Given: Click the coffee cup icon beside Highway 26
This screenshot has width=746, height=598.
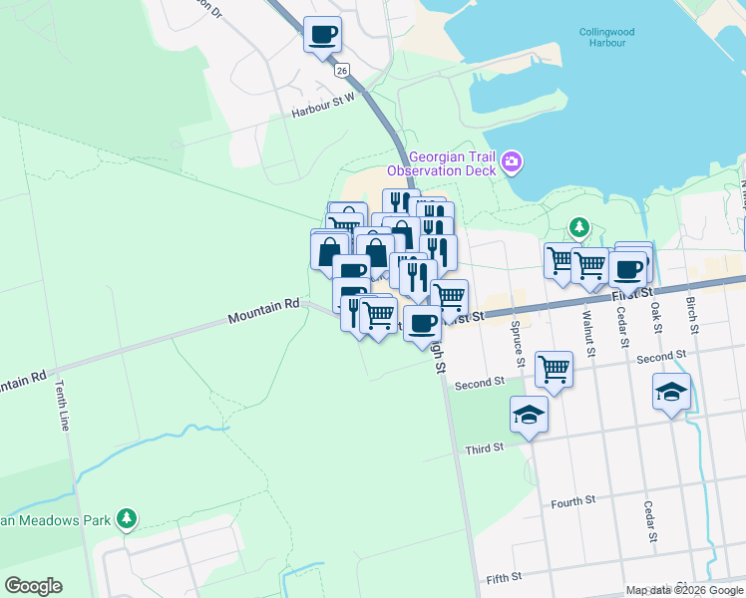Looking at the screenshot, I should click(322, 35).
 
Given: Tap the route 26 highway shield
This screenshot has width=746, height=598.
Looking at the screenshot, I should click(342, 71).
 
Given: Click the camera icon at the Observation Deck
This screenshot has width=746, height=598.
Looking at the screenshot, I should click(512, 161).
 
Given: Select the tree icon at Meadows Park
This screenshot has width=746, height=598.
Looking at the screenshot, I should click(126, 518).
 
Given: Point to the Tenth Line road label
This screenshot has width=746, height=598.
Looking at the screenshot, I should click(63, 405).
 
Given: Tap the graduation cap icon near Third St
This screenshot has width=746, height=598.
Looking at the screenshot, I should click(529, 415).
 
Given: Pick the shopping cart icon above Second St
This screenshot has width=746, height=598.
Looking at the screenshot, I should click(554, 369).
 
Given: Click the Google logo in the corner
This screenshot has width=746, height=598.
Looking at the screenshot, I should click(33, 586).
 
